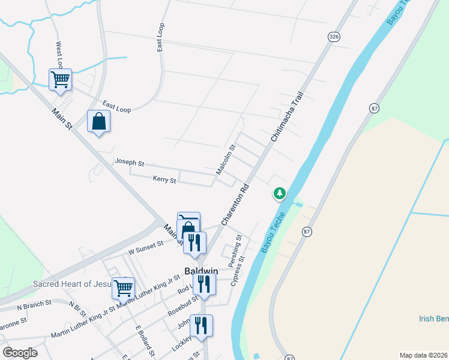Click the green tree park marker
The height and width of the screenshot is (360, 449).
tap(279, 193)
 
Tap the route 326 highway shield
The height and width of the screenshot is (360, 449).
tap(334, 37)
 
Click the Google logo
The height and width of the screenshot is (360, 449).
tap(20, 352)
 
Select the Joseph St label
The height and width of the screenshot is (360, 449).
tap(130, 163)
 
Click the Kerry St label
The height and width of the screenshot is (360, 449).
tap(164, 179)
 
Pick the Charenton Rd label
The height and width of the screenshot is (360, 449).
tap(235, 204)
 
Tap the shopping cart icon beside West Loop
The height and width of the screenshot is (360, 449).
tap(60, 79)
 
